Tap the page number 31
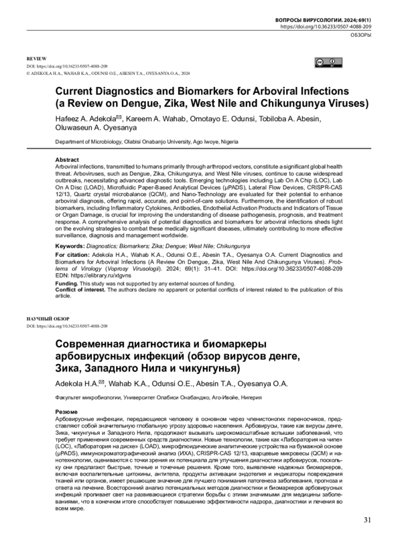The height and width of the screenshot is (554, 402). [x=366, y=539]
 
